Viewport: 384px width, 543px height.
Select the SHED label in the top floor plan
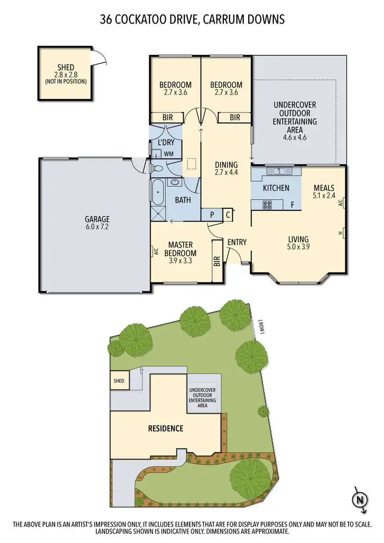tap(66, 68)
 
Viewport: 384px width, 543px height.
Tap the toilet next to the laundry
tap(158, 168)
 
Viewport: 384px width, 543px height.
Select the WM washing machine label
tap(168, 154)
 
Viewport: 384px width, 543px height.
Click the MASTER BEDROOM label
tap(182, 249)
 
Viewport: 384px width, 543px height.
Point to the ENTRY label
tap(237, 242)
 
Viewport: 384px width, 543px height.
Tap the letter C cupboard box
tap(227, 215)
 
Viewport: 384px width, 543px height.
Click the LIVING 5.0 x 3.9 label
tap(298, 243)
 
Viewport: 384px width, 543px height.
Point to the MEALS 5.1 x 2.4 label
tap(324, 191)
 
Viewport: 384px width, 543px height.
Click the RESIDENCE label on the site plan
tap(165, 428)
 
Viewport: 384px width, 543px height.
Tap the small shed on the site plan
tap(119, 381)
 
